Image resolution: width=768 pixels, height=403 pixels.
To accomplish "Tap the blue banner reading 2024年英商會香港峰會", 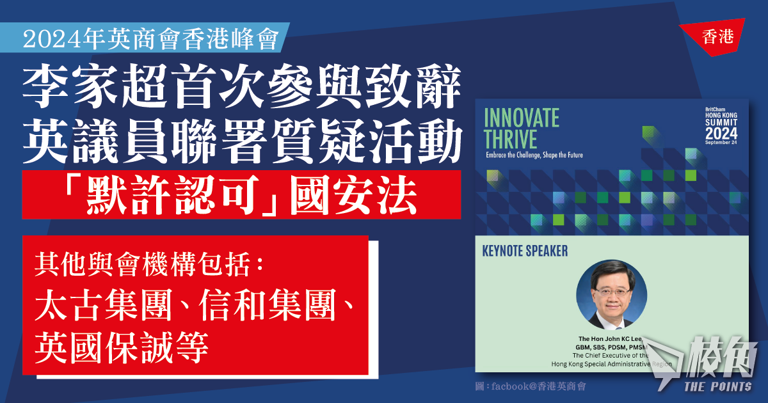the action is tap(145, 38).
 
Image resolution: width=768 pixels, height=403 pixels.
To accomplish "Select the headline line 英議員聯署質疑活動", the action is tap(243, 141).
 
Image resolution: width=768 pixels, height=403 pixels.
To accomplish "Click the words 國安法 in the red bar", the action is tap(353, 194).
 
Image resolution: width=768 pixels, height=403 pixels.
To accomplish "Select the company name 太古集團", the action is tap(103, 304).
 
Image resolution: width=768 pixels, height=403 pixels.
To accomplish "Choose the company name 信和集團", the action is tap(267, 304).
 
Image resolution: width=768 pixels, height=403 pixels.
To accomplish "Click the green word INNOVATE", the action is tap(522, 118).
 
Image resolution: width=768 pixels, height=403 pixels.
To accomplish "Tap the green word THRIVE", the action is tap(510, 139).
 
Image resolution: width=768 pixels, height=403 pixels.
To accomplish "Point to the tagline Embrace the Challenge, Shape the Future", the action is tap(534, 155).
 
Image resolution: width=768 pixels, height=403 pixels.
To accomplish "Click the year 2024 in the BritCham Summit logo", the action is tap(721, 133).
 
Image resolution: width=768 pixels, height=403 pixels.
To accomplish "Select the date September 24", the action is tap(721, 142).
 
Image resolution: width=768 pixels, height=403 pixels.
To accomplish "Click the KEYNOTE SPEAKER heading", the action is tap(525, 251).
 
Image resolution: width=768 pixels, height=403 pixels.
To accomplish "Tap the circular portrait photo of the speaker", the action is tap(612, 295).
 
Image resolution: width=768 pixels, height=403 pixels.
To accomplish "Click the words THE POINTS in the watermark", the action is tap(718, 386).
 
